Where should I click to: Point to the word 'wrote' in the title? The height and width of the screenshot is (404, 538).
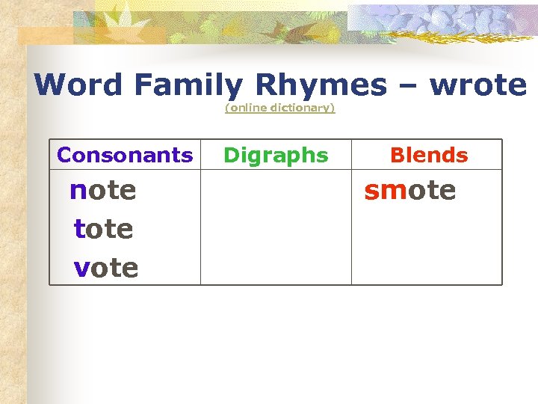pyautogui.click(x=479, y=85)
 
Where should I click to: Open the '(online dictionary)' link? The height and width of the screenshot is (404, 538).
pyautogui.click(x=280, y=108)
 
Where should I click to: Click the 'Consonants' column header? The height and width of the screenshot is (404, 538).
pyautogui.click(x=125, y=155)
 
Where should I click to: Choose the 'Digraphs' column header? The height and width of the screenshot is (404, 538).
pyautogui.click(x=276, y=155)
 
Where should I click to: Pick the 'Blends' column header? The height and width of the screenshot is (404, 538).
pyautogui.click(x=429, y=155)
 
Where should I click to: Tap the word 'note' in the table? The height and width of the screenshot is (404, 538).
pyautogui.click(x=103, y=190)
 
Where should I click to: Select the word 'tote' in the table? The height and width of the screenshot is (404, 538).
pyautogui.click(x=104, y=228)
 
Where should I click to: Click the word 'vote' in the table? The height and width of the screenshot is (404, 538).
pyautogui.click(x=106, y=266)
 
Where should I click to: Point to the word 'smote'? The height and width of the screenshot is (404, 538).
pyautogui.click(x=409, y=190)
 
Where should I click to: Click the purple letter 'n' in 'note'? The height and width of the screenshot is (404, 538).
pyautogui.click(x=78, y=191)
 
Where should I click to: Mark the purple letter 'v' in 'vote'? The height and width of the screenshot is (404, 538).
pyautogui.click(x=81, y=267)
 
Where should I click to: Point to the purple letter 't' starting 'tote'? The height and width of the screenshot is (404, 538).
pyautogui.click(x=79, y=228)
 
